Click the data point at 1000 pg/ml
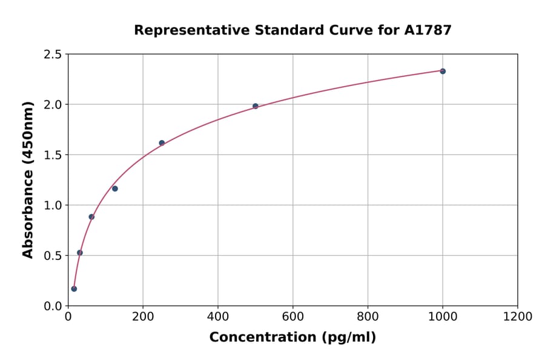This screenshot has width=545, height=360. pos(443,72)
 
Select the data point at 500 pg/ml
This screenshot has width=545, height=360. pos(256,106)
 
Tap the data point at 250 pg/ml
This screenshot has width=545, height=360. pos(162,143)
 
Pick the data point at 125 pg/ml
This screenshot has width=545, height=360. pos(115,188)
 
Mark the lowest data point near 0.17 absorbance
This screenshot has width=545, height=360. pos(74,288)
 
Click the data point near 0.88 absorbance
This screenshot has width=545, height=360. pos(91,217)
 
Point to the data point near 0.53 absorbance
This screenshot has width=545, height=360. pos(80,253)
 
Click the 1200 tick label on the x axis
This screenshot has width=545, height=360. pos(517,317)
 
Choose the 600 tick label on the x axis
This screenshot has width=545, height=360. pos(292,317)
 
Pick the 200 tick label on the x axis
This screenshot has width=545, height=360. pos(143,317)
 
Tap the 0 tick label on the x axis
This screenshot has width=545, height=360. pos(68,317)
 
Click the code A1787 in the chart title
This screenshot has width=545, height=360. pos(428,30)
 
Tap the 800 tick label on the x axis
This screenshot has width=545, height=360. pos(368,317)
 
